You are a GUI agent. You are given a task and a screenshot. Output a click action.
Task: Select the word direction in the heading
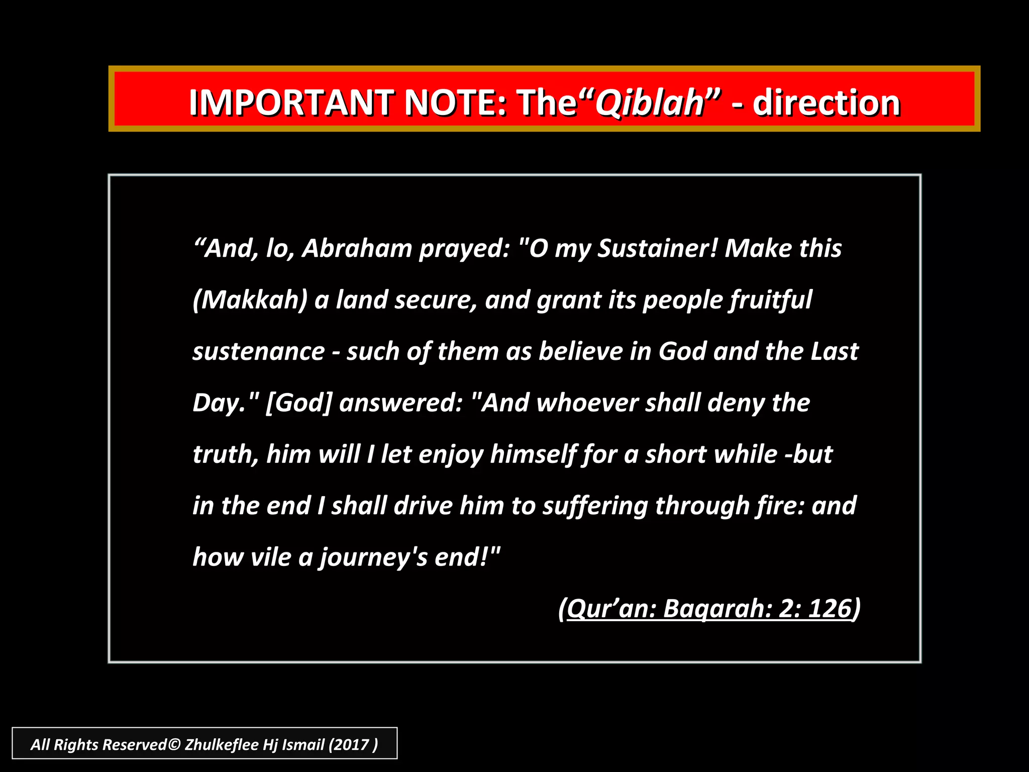tap(826, 103)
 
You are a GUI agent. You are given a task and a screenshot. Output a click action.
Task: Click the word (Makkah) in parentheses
tap(250, 300)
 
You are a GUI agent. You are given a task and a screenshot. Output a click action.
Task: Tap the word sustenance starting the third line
tap(259, 351)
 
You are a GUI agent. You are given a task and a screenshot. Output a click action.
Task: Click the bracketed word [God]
tap(298, 403)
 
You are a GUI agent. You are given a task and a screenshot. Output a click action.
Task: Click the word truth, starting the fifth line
tap(226, 454)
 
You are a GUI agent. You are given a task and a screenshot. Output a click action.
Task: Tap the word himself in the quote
tap(533, 454)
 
